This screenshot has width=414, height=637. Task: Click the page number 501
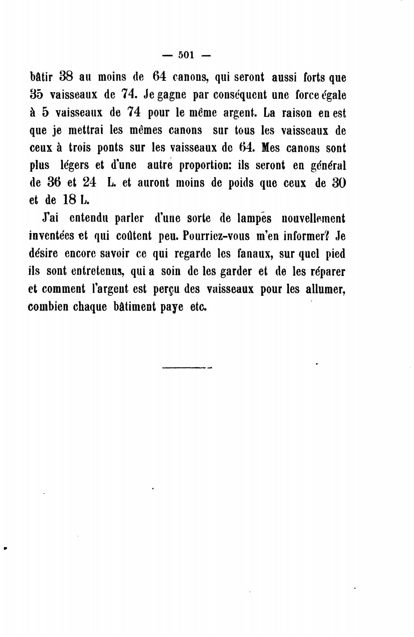pyautogui.click(x=186, y=55)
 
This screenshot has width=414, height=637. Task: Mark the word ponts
pyautogui.click(x=110, y=148)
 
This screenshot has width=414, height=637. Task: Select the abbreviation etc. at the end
pyautogui.click(x=198, y=307)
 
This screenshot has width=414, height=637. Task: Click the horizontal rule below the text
pyautogui.click(x=187, y=367)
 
